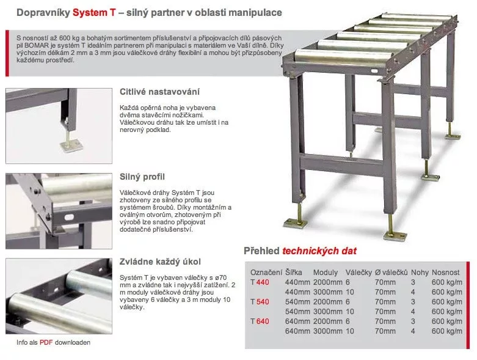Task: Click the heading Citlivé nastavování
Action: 160,92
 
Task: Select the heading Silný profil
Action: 143,177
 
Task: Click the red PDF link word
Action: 46,342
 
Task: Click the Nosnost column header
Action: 446,272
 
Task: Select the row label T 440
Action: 259,282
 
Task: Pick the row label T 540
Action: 259,302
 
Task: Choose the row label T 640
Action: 259,321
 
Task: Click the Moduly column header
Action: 326,272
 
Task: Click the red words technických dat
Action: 319,251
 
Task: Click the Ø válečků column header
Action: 391,272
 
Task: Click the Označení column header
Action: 266,272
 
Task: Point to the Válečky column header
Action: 359,272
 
